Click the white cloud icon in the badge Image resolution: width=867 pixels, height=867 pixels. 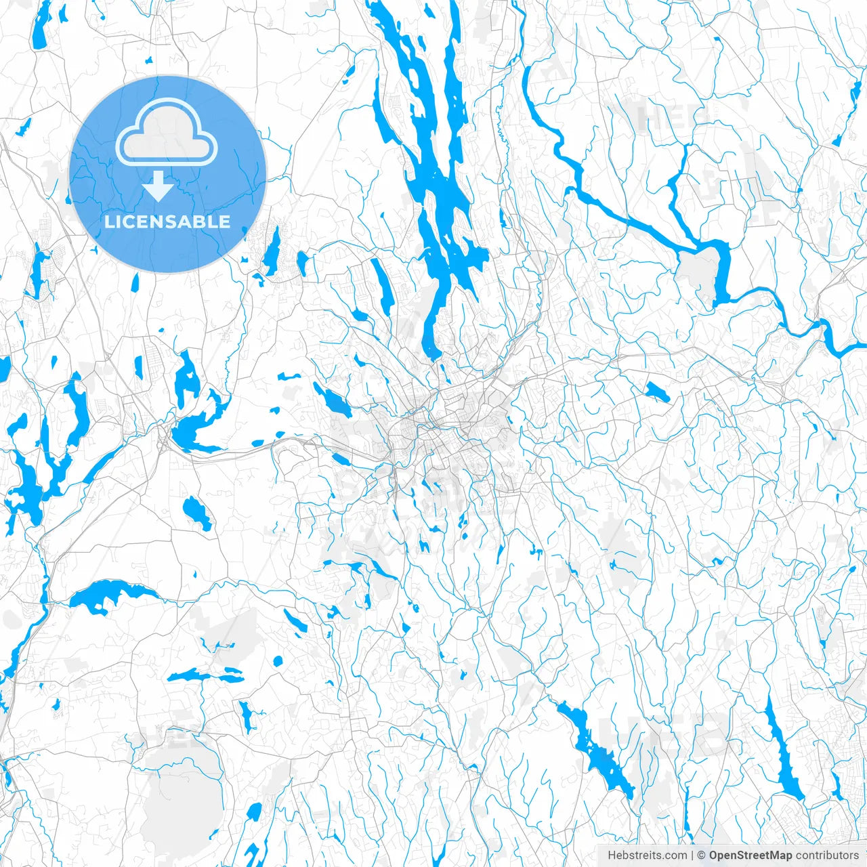167,134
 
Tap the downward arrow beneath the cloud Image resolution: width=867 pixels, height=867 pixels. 158,186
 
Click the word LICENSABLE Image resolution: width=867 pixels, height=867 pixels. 167,221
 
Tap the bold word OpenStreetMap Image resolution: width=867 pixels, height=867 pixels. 750,855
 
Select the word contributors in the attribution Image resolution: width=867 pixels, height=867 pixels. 827,855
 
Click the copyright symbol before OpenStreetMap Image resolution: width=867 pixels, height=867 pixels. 702,855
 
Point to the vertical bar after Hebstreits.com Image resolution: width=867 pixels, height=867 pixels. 692,855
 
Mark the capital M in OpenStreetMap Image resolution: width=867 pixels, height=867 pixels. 779,855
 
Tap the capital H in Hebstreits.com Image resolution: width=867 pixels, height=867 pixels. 612,855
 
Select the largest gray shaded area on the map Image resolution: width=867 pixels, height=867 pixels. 183,786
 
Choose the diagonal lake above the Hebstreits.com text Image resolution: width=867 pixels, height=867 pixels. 596,752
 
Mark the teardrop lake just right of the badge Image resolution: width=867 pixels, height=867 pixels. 273,253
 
